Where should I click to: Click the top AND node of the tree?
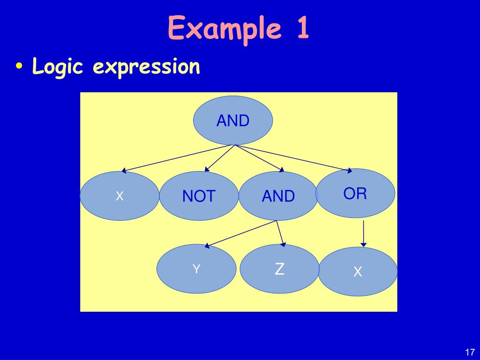click(x=233, y=120)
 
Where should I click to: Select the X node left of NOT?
click(x=120, y=196)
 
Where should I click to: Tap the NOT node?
click(x=199, y=196)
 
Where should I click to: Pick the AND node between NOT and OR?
click(x=278, y=196)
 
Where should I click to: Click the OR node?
click(x=355, y=193)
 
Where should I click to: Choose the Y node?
click(x=196, y=269)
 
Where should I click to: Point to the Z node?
click(x=279, y=269)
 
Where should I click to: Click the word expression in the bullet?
click(x=146, y=67)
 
